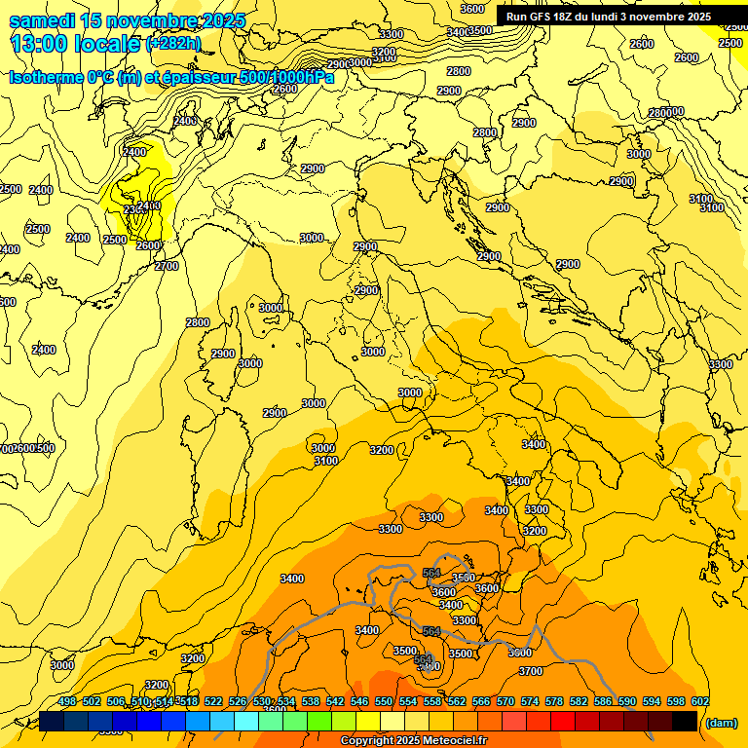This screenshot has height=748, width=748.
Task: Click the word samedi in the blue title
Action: (x=43, y=20)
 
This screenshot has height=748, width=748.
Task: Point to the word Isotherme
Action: (x=45, y=78)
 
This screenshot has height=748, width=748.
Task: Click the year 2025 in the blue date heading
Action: (x=220, y=20)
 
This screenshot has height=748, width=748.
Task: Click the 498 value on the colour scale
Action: (x=67, y=701)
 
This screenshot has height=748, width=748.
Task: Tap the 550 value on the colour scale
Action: (x=384, y=701)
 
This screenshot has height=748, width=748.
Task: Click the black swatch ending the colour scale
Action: (x=685, y=721)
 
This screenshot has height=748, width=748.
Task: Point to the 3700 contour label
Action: (x=531, y=671)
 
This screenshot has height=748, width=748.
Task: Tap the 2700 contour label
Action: (x=167, y=265)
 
